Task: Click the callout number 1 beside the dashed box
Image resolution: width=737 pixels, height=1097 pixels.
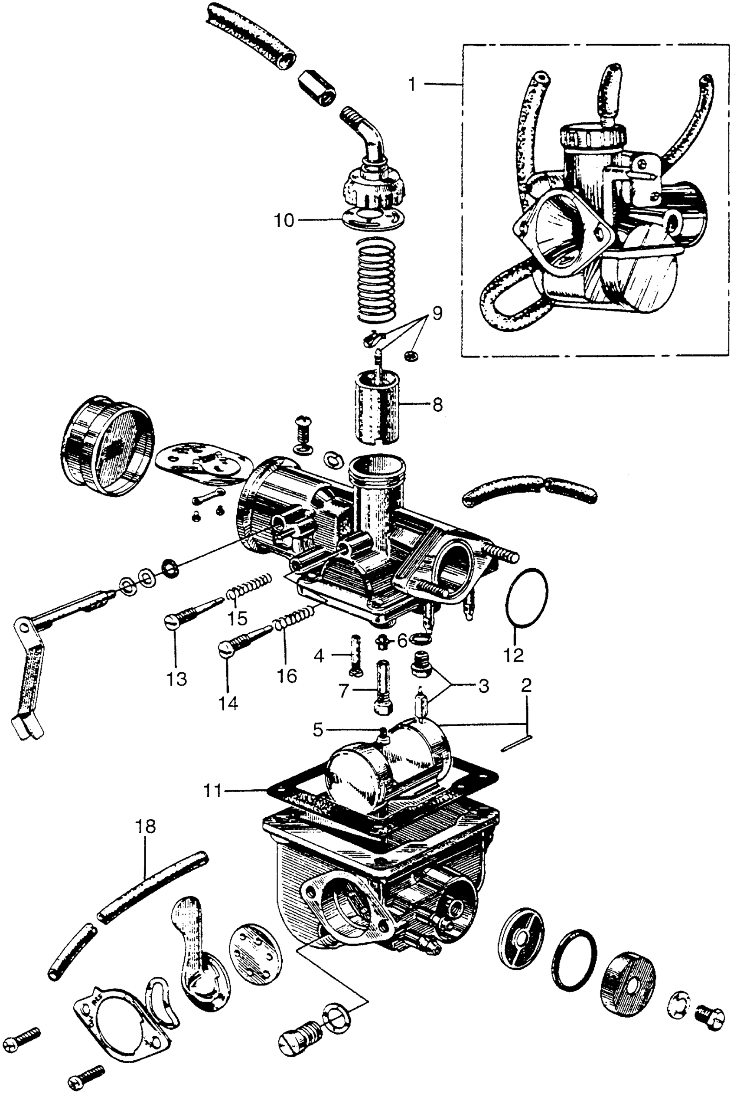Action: [x=412, y=85]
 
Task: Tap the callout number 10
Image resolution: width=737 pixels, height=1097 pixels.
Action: [x=284, y=220]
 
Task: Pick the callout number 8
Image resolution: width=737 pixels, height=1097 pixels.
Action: [x=437, y=404]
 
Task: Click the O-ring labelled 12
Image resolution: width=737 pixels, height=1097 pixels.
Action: [x=527, y=597]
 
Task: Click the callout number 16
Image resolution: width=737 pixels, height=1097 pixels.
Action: [x=287, y=676]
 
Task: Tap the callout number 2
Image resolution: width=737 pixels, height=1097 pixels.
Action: [x=526, y=684]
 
